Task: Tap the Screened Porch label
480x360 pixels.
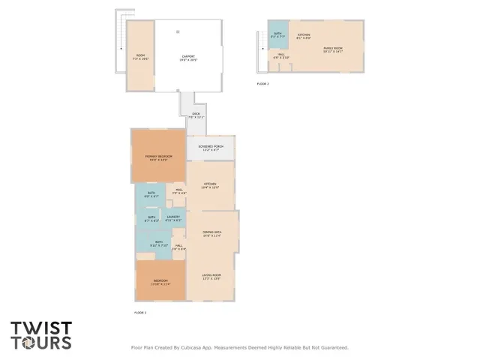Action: (x=211, y=148)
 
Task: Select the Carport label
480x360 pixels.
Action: (x=188, y=58)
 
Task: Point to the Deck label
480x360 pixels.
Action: (x=196, y=115)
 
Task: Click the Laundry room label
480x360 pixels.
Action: (x=173, y=218)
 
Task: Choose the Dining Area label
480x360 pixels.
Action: (x=212, y=234)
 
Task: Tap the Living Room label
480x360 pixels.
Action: (x=211, y=277)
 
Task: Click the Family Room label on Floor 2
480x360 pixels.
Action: (x=333, y=49)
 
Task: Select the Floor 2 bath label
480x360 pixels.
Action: (x=277, y=35)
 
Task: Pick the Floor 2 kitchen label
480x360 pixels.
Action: (x=304, y=36)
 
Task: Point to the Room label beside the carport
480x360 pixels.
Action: (x=140, y=56)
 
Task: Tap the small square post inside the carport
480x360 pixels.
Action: (x=178, y=31)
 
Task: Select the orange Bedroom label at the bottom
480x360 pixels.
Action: (x=160, y=283)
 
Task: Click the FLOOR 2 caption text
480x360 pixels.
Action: (x=262, y=83)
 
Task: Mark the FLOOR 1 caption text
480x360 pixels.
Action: (x=140, y=311)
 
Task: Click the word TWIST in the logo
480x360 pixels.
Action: (x=41, y=328)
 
